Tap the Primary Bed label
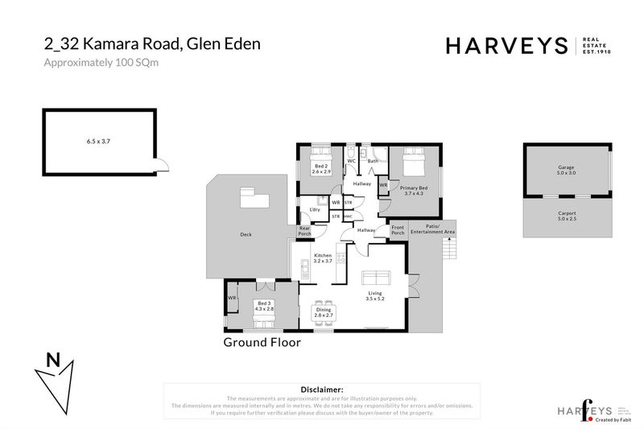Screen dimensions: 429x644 click(x=412, y=190)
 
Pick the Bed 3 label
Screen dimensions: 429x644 click(x=265, y=306)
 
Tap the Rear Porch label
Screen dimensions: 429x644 click(x=304, y=231)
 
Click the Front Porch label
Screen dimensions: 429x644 click(x=397, y=230)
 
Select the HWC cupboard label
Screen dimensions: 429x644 click(x=348, y=216)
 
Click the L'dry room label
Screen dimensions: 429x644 click(x=315, y=210)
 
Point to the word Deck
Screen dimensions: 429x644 click(x=246, y=235)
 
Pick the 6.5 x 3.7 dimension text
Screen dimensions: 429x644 click(x=97, y=142)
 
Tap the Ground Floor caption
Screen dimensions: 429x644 click(x=262, y=342)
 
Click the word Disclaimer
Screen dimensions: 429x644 click(x=321, y=388)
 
